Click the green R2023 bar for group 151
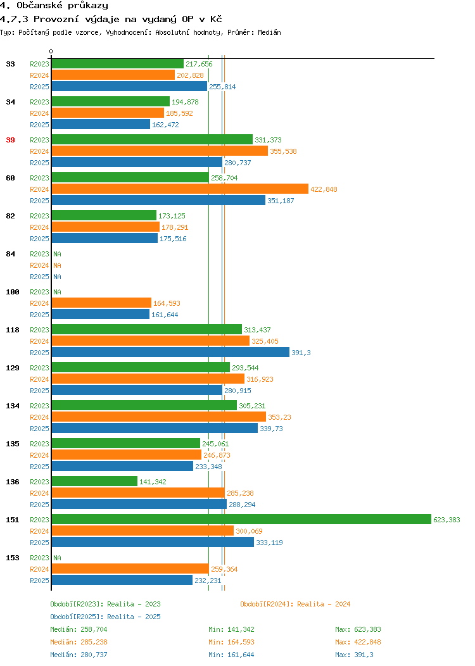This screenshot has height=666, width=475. pos(241,520)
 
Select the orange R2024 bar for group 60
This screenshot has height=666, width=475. pos(180,189)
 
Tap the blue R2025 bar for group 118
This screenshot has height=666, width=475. pos(170,352)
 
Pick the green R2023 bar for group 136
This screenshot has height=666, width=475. pos(95,481)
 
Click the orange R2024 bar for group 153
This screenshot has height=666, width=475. pos(130,569)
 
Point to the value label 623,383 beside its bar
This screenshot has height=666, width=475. pos(446,520)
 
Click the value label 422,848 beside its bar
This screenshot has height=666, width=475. pos(324,189)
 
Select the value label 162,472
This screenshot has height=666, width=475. pos(165,125)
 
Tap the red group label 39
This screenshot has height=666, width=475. pos(10,140)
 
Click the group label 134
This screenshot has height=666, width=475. pos(12,406)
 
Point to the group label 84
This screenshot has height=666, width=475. pos(10,254)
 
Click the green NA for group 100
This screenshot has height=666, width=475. pos(58,292)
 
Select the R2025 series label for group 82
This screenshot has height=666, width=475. pos(39,239)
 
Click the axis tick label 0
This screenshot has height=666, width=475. pos(51,52)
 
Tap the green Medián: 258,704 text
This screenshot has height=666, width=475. pos(79,629)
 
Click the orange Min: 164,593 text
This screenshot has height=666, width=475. pos(231,642)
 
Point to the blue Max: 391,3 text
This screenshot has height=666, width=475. pos(354,655)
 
